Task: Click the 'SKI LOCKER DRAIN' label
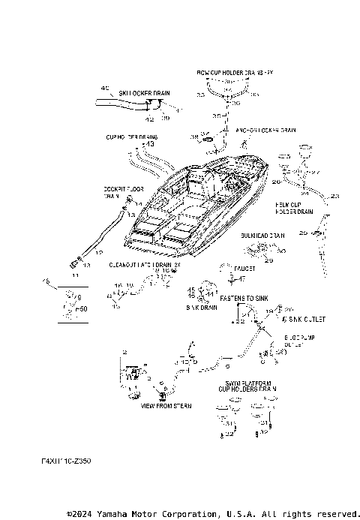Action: [144, 94]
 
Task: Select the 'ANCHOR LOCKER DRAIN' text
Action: [260, 130]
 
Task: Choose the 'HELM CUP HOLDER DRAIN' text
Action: [295, 208]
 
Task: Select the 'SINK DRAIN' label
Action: [201, 308]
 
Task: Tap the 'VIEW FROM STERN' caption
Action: [166, 405]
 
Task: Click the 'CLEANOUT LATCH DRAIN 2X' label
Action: [145, 265]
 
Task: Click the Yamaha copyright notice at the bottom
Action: [213, 513]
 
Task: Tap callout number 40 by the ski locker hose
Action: [104, 88]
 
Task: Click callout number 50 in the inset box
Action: [82, 308]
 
